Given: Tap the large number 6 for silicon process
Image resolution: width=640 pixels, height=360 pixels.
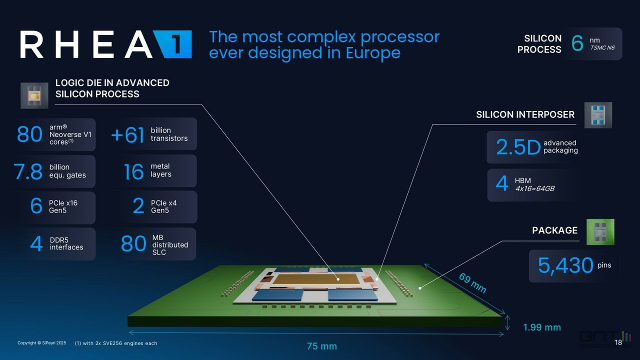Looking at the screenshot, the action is [x=577, y=43].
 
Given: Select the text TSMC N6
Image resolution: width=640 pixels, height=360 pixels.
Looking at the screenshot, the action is [x=602, y=47].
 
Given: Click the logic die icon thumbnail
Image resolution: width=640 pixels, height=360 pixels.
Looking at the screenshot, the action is [x=34, y=95].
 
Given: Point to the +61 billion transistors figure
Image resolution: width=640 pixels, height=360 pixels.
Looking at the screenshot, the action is [x=127, y=135].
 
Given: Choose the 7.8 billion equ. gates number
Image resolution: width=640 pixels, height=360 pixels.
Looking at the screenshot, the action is [x=28, y=171].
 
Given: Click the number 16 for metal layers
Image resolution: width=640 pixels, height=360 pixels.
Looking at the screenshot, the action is [x=133, y=171].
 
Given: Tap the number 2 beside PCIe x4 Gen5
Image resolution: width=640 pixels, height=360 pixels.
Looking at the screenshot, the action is [x=138, y=205].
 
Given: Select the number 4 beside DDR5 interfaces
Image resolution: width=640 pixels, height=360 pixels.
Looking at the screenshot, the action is [x=36, y=243].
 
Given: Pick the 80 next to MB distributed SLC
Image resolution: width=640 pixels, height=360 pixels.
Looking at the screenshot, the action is [x=133, y=243].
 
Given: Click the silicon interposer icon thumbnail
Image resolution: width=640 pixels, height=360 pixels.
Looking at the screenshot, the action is [x=598, y=115].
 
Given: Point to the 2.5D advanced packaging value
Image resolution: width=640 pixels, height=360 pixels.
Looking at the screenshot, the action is [x=518, y=147].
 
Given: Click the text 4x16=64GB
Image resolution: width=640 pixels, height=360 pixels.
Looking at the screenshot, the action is [x=534, y=189].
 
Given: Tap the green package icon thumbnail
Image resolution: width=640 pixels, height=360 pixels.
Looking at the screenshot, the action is [x=600, y=232].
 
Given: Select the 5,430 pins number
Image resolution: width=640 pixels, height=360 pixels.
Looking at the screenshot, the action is [x=565, y=265].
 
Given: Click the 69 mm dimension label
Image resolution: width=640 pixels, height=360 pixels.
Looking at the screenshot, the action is [x=472, y=282].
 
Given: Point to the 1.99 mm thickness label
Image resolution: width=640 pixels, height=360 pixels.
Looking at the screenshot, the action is [x=542, y=327].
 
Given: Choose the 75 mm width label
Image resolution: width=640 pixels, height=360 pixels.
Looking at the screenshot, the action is [x=321, y=346].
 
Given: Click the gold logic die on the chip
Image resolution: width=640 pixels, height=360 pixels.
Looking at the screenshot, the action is [x=316, y=279].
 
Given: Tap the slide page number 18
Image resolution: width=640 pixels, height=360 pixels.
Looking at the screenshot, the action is [x=618, y=342].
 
